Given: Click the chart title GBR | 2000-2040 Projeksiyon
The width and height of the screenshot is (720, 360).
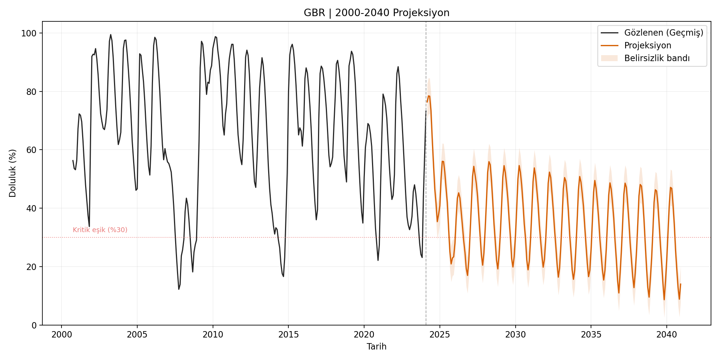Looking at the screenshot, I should point(376,13).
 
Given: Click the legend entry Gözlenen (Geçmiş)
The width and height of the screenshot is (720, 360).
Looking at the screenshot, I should point(663,33).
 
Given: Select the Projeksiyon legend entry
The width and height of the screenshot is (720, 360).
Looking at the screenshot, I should point(647,45).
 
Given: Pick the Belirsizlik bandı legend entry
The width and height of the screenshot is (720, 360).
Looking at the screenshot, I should point(657,58).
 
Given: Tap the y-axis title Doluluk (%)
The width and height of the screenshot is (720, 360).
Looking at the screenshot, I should point(12,173).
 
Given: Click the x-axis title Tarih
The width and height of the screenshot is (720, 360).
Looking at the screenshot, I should point(376,346).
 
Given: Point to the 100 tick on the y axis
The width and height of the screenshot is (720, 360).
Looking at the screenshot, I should point(29,33).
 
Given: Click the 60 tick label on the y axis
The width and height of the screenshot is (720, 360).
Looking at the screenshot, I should point(31,150).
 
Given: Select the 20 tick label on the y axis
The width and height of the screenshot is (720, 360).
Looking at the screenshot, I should point(31,267).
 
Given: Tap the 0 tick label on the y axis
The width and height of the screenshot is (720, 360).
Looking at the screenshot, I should point(34,325).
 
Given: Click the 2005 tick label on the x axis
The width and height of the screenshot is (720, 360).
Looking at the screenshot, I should point(137,334).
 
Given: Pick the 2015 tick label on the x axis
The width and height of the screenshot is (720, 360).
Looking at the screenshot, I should point(288,334).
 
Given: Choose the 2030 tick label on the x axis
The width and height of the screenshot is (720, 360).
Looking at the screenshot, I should point(515,334).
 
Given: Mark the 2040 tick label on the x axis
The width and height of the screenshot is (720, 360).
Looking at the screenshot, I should point(666,334).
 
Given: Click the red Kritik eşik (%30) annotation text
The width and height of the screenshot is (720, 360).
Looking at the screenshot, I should point(100,230).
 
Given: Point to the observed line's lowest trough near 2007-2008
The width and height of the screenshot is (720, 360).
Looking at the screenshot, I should point(179,289).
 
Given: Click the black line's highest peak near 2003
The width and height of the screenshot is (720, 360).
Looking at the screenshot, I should point(111,34).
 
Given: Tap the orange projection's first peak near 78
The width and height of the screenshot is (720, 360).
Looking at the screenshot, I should point(429,96).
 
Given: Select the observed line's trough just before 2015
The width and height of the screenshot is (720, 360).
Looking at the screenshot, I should point(283,276).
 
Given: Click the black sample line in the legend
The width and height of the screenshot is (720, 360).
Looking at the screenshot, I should point(609,33).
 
